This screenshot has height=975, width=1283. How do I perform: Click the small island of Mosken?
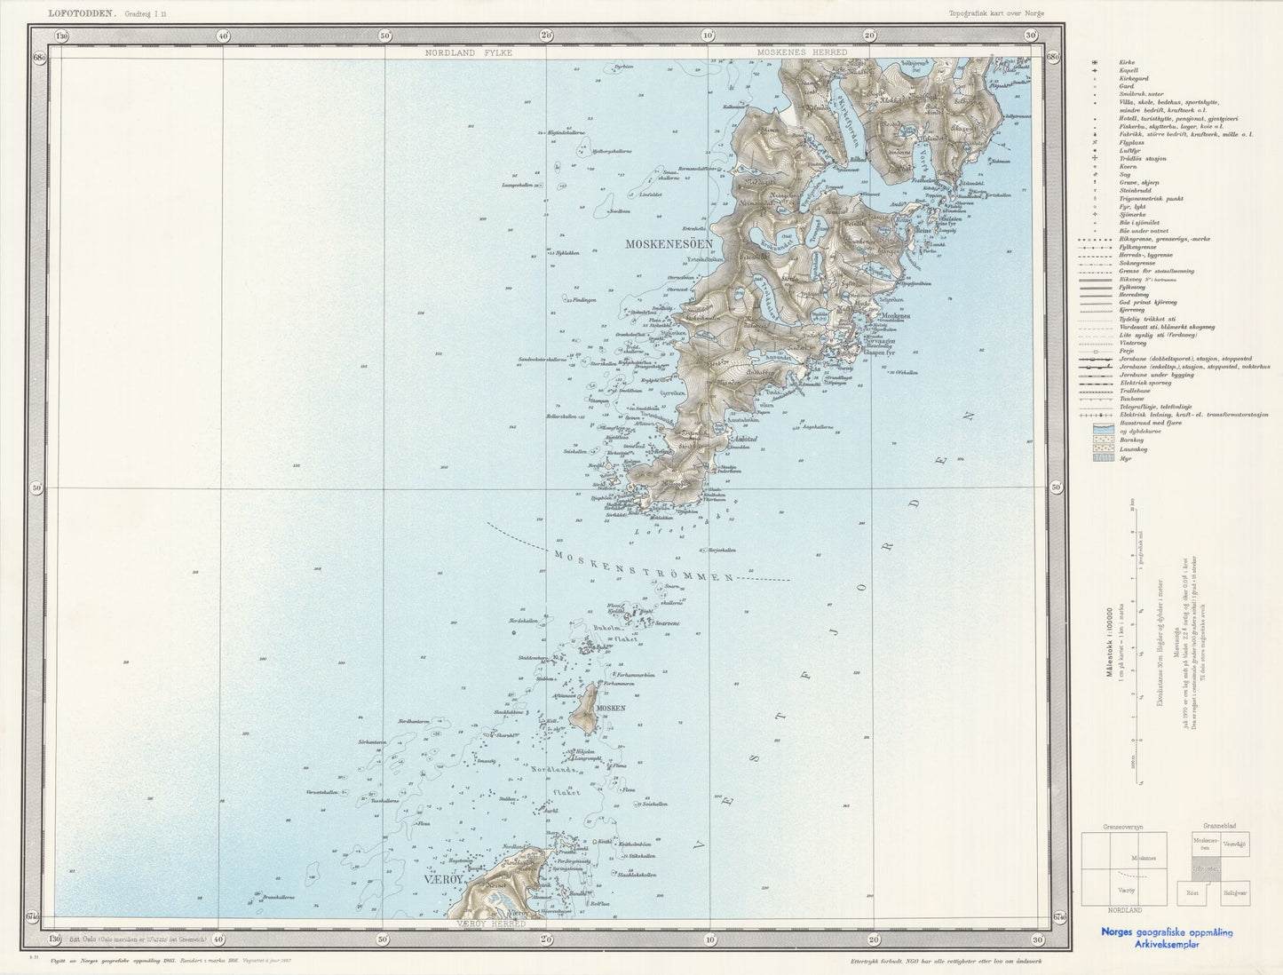pyautogui.click(x=584, y=709)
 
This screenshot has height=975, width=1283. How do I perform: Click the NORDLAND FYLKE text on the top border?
pyautogui.click(x=469, y=53)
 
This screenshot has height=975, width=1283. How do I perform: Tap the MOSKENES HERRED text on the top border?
pyautogui.click(x=802, y=53)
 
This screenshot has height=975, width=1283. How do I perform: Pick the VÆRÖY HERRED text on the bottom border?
pyautogui.click(x=491, y=923)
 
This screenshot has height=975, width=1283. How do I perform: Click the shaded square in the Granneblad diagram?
pyautogui.click(x=1207, y=868)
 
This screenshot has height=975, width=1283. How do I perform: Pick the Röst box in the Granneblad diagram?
pyautogui.click(x=1192, y=893)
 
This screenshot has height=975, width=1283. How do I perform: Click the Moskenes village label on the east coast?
pyautogui.click(x=896, y=317)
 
